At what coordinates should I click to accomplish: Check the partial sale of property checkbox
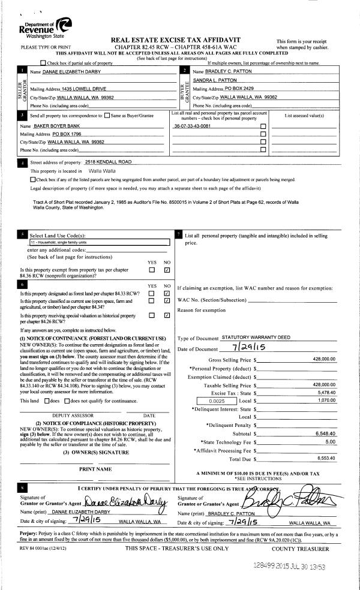pyautogui.click(x=43, y=63)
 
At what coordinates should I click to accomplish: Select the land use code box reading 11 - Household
pyautogui.click(x=98, y=243)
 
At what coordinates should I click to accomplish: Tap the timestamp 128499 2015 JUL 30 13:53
pyautogui.click(x=293, y=567)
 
